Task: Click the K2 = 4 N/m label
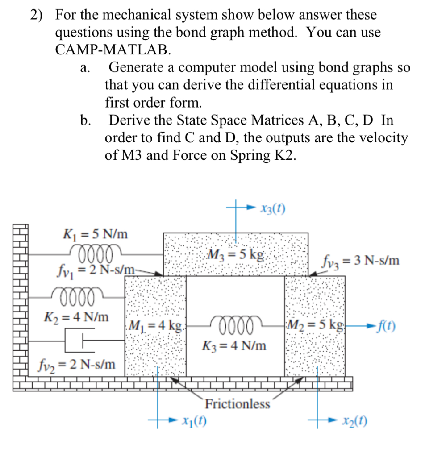tap(76, 317)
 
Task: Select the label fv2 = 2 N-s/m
tap(75, 365)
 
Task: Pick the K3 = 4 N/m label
tap(234, 345)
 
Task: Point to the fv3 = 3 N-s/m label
tap(359, 260)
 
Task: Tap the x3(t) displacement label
tap(271, 209)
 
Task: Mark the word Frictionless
tap(238, 404)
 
